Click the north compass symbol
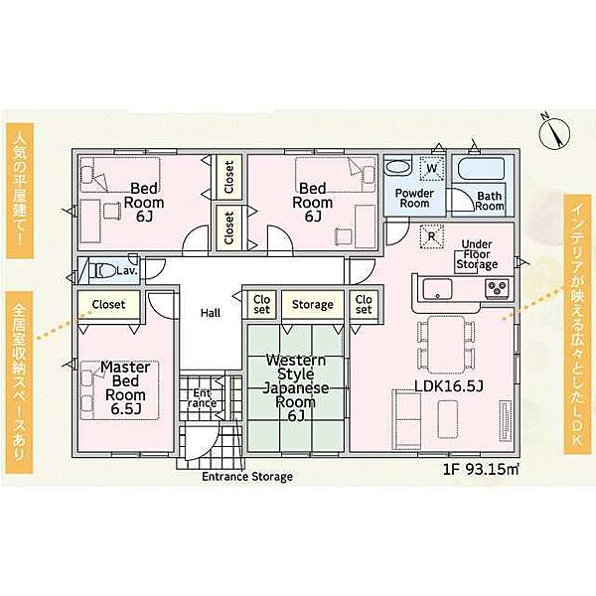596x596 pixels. pos(554,131)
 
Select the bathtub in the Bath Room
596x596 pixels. pos(481,169)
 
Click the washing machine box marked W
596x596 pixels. pos(431,168)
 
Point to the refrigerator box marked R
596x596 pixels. pos(431,236)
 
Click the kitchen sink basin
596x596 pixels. pos(437,290)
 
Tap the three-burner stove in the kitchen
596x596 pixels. pos(497,288)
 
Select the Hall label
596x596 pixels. pos(211,313)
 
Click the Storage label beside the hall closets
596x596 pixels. pos(313,305)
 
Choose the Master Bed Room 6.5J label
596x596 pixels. pos(125,387)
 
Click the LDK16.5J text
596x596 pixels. pos(449,386)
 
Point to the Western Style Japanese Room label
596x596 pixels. pos(296,387)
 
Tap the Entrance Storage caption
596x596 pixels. pos(247,477)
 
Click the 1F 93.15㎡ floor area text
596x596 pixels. pos(481,470)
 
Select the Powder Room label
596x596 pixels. pos(414,198)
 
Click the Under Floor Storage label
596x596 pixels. pos(477,254)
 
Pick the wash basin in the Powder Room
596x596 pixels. pos(397,168)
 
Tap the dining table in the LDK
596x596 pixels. pos(447,345)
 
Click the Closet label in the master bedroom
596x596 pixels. pos(108,305)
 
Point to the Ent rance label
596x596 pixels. pos(202,398)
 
